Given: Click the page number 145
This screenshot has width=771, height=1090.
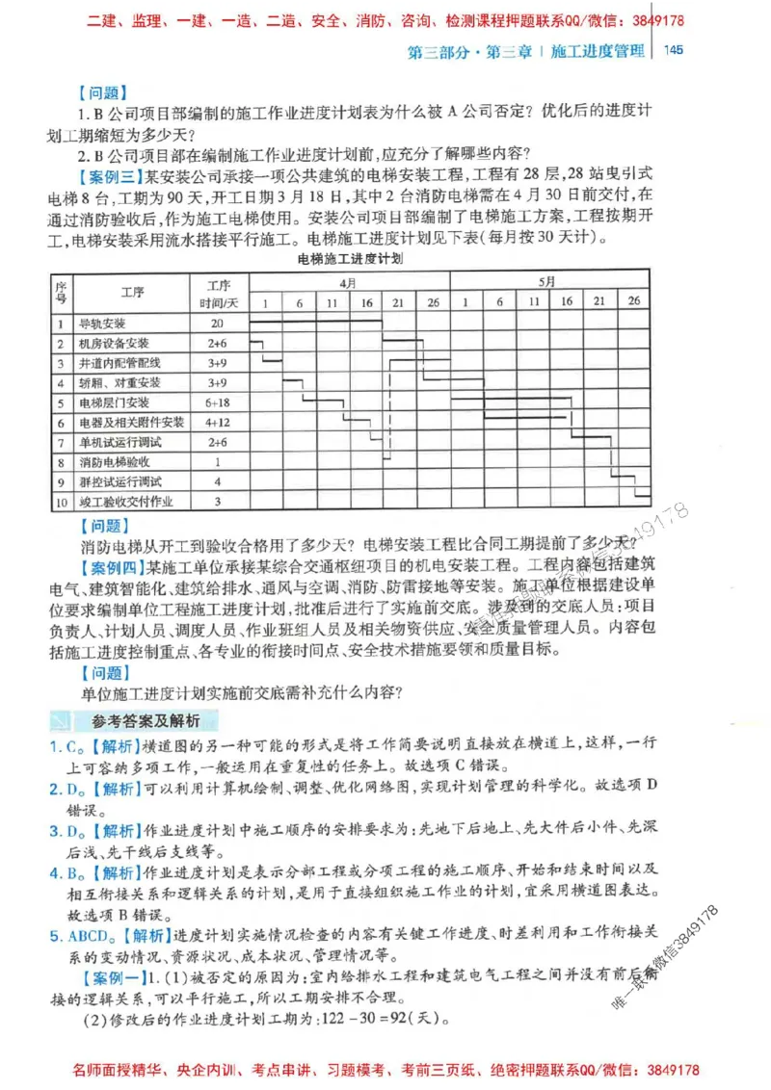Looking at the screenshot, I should pyautogui.click(x=674, y=51).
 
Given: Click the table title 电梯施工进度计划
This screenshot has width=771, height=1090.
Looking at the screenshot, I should pyautogui.click(x=350, y=260).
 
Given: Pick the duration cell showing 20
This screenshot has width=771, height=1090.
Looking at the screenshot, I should pyautogui.click(x=217, y=324).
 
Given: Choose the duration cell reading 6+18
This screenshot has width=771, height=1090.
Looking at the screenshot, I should pyautogui.click(x=217, y=402).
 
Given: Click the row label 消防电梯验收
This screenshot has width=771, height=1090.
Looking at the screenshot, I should pyautogui.click(x=114, y=462).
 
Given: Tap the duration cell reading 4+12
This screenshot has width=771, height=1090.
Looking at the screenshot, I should pyautogui.click(x=217, y=423).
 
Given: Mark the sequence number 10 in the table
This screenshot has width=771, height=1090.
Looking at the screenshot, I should pyautogui.click(x=60, y=502).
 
